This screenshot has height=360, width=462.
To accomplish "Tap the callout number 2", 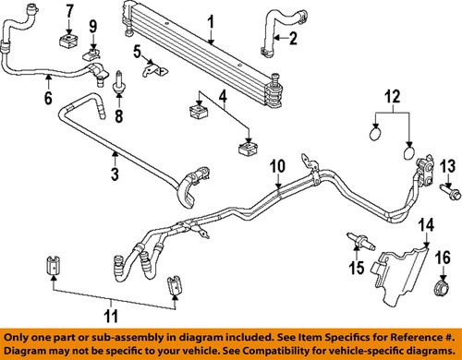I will coord(292,38).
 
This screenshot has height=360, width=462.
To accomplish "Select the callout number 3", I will coord(114,173).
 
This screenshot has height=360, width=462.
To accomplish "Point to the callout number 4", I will coord(222,95).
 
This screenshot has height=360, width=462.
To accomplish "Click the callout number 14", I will coord(427,224).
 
